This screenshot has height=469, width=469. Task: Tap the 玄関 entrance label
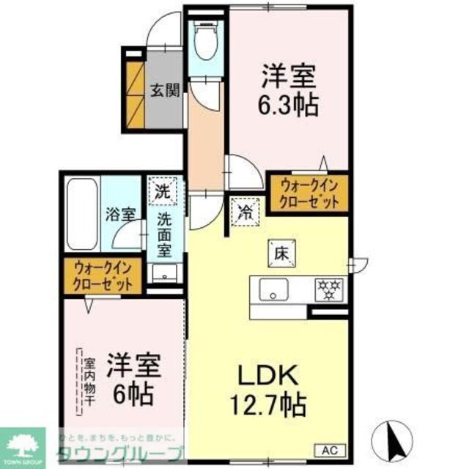(x=165, y=91)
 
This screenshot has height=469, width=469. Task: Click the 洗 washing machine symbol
(x=162, y=193)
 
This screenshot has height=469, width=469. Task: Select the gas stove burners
(x=326, y=287)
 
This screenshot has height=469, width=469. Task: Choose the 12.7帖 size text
(x=267, y=403)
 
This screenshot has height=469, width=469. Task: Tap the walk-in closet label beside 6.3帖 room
(x=306, y=193)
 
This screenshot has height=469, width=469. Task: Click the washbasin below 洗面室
(x=166, y=274)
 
